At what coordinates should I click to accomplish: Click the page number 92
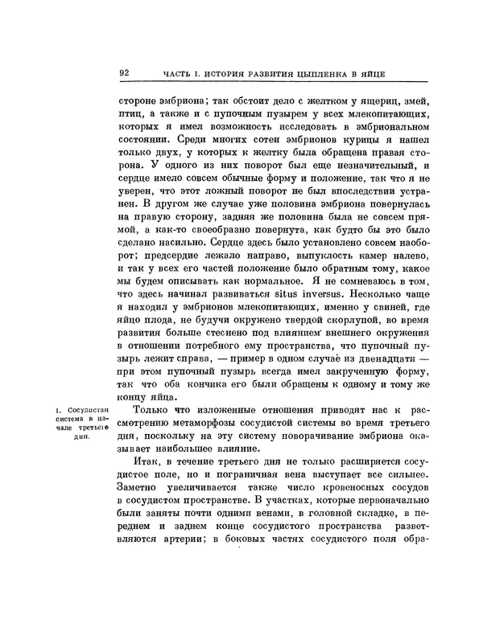click(x=125, y=72)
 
